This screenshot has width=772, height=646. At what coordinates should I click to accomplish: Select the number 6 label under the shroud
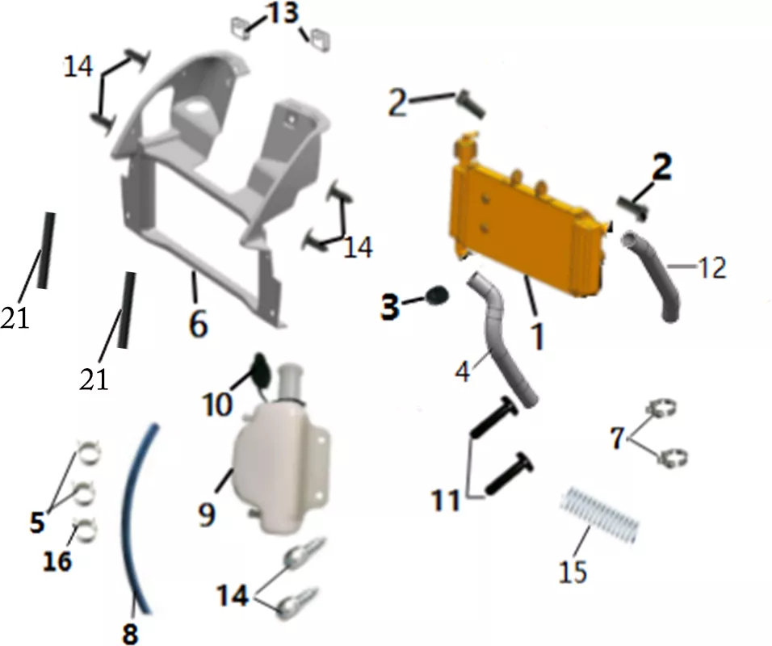tap(198, 324)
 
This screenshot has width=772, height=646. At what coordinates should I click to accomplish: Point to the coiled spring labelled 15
tap(600, 514)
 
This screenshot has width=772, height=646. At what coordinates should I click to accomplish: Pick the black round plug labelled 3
tap(437, 295)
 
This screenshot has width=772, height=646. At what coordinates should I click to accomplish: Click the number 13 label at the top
tap(283, 13)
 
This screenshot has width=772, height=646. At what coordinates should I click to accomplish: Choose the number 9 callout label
tap(207, 514)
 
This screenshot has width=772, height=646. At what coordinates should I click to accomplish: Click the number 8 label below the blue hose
tap(129, 633)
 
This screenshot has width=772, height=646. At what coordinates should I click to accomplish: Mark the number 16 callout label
tap(57, 561)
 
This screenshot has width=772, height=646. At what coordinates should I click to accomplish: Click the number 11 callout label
tap(446, 501)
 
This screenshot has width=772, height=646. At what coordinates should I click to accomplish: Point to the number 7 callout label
tap(618, 437)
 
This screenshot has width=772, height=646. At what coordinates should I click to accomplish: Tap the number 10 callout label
tap(217, 405)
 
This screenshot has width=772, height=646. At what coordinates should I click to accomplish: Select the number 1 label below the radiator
tap(538, 336)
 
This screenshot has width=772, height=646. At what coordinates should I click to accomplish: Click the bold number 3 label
tap(390, 307)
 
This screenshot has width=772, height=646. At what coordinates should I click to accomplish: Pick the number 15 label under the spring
tap(573, 572)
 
